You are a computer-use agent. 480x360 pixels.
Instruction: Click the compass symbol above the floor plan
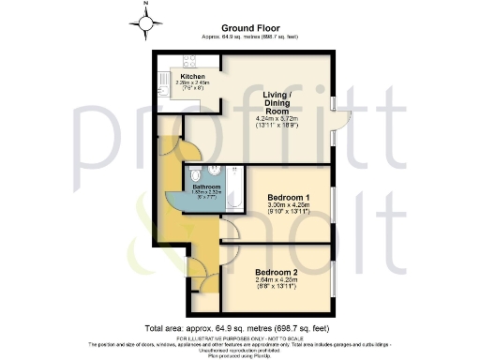click(x=145, y=16)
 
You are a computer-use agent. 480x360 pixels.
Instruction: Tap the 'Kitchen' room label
click(x=179, y=76)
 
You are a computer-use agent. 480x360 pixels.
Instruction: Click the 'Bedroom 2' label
click(x=277, y=272)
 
